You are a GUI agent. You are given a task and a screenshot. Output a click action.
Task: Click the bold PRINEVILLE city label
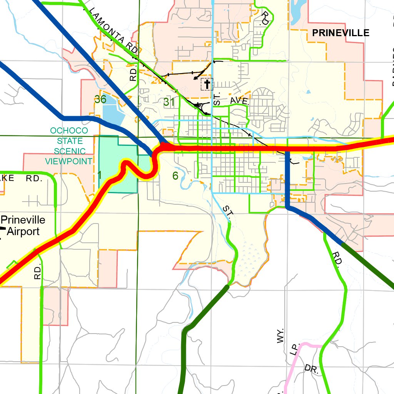click(341, 33)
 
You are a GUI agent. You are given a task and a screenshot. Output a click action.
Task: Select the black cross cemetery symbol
click(207, 84)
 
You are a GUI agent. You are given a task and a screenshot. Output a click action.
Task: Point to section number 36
click(100, 99)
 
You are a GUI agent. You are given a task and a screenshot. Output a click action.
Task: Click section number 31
click(169, 102)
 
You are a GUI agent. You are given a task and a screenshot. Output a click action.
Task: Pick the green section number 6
click(175, 176)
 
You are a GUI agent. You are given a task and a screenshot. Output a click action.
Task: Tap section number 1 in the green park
click(100, 175)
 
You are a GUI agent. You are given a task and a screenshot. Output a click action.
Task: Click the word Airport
click(23, 232)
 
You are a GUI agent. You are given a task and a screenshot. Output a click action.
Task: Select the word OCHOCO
click(69, 131)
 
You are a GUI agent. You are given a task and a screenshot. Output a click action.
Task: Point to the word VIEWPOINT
click(69, 161)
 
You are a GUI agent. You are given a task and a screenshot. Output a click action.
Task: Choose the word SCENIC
click(70, 151)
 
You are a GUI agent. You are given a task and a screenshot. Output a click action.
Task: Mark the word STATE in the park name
click(69, 141)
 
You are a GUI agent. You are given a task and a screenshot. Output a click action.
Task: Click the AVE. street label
click(240, 101)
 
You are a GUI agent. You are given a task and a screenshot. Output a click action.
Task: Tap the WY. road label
click(280, 336)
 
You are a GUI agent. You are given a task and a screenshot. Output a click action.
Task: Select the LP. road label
click(294, 350)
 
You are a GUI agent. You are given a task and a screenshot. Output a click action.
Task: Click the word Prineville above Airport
click(23, 220)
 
